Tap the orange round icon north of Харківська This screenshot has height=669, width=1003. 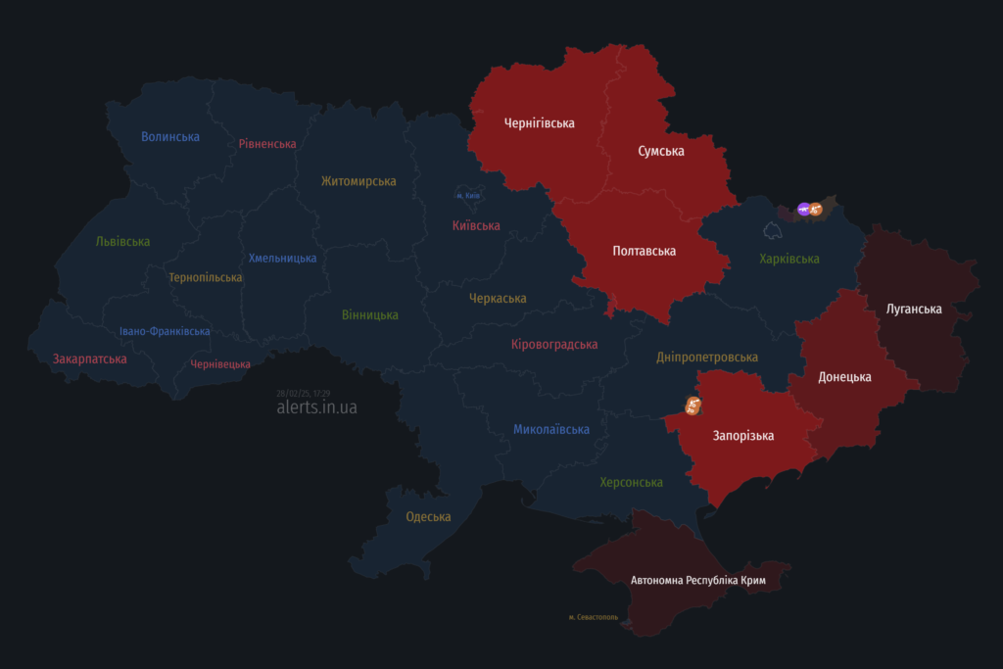click(816, 209)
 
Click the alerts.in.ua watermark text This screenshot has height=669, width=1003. click(316, 407)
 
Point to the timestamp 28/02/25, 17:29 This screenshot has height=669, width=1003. click(303, 393)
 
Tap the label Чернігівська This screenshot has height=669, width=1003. click(539, 123)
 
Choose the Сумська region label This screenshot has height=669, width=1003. click(661, 152)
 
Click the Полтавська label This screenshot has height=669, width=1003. click(644, 252)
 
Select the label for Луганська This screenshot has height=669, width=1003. click(914, 310)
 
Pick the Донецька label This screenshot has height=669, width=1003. click(844, 377)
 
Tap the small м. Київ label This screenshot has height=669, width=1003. click(468, 196)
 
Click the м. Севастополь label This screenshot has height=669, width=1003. click(594, 617)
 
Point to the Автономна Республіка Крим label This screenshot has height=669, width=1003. click(697, 581)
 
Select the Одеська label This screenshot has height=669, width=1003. click(428, 517)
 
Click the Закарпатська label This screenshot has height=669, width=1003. click(89, 359)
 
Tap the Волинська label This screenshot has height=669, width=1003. click(170, 137)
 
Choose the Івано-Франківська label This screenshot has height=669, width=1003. click(165, 331)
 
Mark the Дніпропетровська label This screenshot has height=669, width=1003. click(707, 358)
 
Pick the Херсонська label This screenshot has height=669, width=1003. click(631, 483)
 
